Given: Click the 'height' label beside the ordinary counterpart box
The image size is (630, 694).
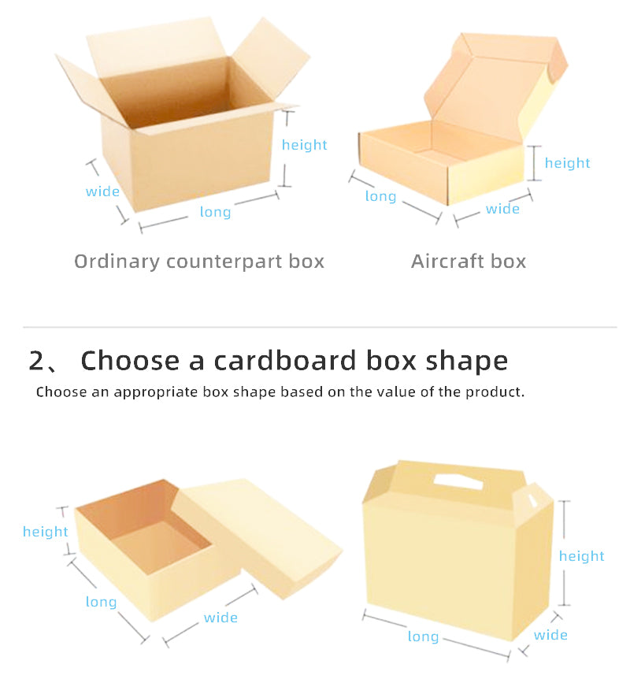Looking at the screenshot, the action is coord(305,145).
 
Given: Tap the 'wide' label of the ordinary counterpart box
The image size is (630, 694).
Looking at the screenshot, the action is coord(102,191).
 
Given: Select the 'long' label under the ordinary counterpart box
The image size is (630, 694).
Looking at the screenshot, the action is coord(215,212).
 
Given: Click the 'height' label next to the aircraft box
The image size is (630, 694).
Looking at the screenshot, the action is coord(567,163).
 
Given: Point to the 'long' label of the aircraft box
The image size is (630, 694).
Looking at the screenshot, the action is coord(380,196).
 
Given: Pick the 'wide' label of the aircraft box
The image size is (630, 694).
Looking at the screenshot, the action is coord(502,209).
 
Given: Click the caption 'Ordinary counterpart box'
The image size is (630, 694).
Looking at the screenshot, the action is coord(199,262).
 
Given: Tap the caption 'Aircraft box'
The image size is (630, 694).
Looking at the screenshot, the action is coord(469,262).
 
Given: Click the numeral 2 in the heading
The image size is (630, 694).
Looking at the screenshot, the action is coord(36,360).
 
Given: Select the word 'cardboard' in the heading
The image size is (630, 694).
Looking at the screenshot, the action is coord(285,360).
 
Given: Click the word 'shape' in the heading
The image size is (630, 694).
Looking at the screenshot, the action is coord(467,362).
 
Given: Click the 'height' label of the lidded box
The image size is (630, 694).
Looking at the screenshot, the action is coord(46,532).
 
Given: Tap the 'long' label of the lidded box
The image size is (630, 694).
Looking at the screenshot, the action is coord(101,602).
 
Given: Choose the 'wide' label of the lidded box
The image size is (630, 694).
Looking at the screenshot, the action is coord(220,618).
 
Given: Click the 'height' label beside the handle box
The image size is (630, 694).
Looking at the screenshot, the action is coord(582,556).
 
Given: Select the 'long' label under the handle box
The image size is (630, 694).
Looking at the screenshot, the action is coord(423,636).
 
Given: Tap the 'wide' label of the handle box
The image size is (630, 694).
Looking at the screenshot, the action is coord(550,635).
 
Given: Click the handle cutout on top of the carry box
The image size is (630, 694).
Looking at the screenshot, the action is coord(458,481).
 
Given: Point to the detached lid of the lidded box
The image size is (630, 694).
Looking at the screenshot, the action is coord(257,536).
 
